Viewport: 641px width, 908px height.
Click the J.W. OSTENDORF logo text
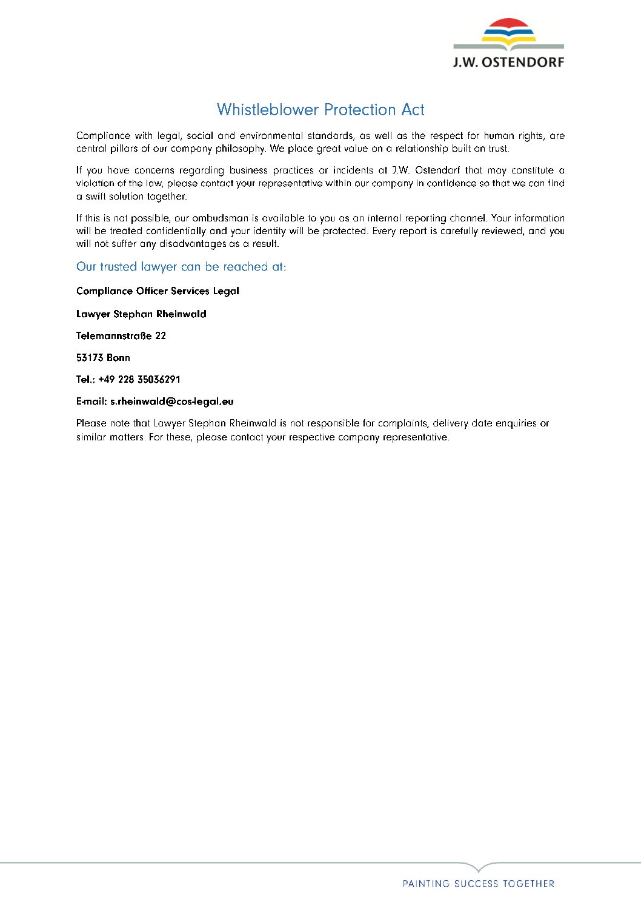tap(508, 62)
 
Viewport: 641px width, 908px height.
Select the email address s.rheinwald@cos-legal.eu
tap(171, 402)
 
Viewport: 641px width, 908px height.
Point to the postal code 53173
tap(90, 358)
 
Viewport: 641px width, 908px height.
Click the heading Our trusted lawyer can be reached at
tap(181, 267)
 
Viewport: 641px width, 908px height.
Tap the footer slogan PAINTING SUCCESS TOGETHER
tap(479, 884)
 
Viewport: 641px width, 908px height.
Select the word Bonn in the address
tap(118, 358)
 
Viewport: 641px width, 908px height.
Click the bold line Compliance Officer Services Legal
tap(158, 291)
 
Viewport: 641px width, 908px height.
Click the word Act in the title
tap(413, 110)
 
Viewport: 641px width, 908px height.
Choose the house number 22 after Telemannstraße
tap(161, 336)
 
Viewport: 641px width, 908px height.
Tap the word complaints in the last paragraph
tap(402, 423)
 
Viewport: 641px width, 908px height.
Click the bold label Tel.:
tap(85, 380)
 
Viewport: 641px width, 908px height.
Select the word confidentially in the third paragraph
tap(176, 231)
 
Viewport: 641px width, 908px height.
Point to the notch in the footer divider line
tap(479, 868)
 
